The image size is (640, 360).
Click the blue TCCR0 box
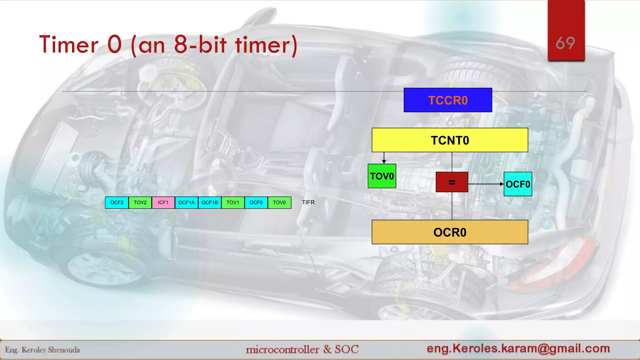(447, 100)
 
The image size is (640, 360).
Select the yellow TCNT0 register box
(450, 140)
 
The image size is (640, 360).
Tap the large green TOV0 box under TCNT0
(382, 176)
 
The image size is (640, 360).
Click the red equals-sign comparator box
(452, 182)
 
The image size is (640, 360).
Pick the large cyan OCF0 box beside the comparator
(518, 184)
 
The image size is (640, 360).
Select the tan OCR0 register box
(450, 232)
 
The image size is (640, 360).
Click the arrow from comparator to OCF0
(486, 184)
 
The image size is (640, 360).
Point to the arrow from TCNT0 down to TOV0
(384, 158)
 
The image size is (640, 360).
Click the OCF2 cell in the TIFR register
(117, 202)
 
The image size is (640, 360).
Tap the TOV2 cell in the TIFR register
(140, 202)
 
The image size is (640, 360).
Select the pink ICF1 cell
(163, 202)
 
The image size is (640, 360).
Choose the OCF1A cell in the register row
(186, 202)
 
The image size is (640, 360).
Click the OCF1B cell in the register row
(210, 202)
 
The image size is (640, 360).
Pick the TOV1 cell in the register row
(233, 202)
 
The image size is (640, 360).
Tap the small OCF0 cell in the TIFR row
(256, 202)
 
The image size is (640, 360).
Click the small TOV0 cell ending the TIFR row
(279, 202)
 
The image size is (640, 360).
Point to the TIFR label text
(308, 202)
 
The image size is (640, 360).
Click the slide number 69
(565, 43)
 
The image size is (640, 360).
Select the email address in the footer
(518, 348)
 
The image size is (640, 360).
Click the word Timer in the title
(69, 45)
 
